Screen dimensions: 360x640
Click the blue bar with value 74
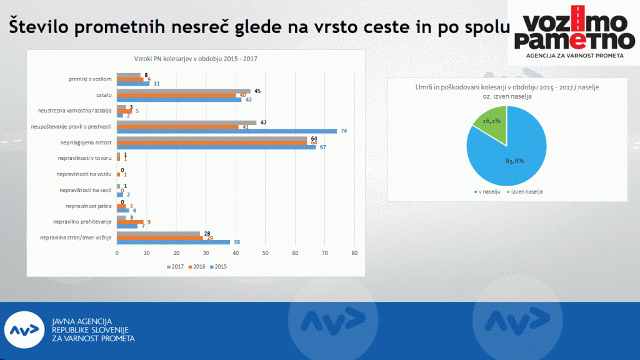[x=227, y=131]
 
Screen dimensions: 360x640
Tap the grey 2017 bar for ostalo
[x=184, y=91]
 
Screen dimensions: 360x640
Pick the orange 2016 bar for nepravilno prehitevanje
[x=130, y=221]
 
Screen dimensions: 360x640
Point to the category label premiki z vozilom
[x=90, y=79]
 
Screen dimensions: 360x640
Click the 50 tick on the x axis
[x=265, y=252]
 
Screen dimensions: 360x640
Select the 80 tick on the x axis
[x=354, y=252]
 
